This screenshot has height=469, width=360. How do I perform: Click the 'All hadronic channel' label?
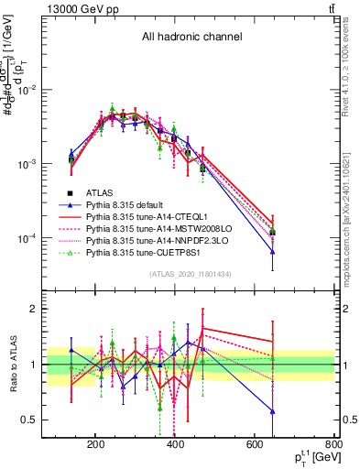[191, 38]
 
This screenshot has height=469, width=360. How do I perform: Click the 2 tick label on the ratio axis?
[56, 309]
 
